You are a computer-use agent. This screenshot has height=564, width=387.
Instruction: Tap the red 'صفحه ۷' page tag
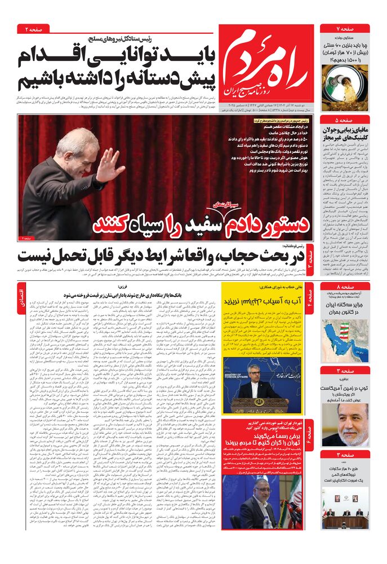(345, 28)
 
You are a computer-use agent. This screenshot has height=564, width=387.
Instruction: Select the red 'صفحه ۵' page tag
(345, 121)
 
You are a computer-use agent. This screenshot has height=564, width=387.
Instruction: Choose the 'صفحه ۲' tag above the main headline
(34, 28)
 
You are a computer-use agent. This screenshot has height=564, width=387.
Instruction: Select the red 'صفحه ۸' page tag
(345, 288)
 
